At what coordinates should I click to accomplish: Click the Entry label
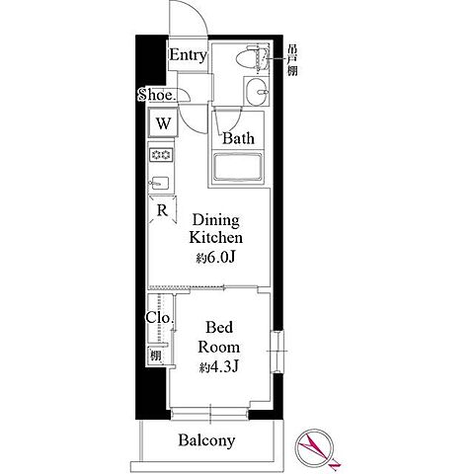(189, 55)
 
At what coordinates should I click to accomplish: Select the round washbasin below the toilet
(257, 92)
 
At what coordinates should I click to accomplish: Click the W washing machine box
(163, 123)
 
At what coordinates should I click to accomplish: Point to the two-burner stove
(161, 154)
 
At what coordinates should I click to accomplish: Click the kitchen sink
(160, 183)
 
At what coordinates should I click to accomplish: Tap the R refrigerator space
(162, 210)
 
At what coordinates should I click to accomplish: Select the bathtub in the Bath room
(238, 166)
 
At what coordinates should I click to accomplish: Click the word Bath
(238, 138)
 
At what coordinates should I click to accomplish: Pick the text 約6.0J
(215, 258)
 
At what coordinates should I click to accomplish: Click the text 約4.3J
(218, 366)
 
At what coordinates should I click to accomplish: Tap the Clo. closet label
(159, 318)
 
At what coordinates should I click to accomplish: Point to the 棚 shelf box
(156, 355)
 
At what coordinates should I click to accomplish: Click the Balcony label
(206, 440)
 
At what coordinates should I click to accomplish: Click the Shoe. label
(157, 95)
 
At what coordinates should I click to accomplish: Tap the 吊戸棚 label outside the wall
(292, 60)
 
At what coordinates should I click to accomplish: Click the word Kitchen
(216, 237)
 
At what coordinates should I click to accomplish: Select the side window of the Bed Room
(276, 352)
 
